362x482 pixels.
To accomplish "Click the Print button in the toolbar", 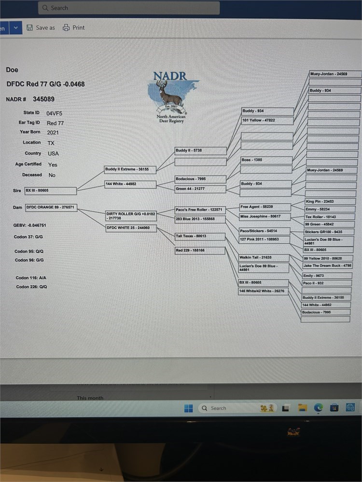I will [x=74, y=27].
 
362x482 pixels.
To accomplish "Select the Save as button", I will [x=41, y=27].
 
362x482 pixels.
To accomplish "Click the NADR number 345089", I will [x=43, y=99].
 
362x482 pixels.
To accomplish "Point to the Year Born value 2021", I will [x=53, y=132].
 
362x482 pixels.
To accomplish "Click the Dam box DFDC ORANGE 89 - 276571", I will [x=51, y=207].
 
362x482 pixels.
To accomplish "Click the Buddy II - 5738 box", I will [x=200, y=151].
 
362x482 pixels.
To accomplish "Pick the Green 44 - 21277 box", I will [x=200, y=189].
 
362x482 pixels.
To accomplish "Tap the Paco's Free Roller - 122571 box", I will [x=200, y=210].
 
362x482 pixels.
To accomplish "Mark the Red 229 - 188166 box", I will [x=200, y=251].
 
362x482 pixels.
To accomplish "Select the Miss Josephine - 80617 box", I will [x=265, y=216].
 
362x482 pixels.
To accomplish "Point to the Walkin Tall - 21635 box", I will [x=264, y=258].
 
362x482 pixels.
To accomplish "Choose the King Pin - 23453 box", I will [x=330, y=201].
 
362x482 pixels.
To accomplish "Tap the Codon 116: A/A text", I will [x=31, y=278].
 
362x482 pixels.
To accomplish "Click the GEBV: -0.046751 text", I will [x=30, y=226].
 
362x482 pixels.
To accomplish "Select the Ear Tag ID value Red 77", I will [x=55, y=123].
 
